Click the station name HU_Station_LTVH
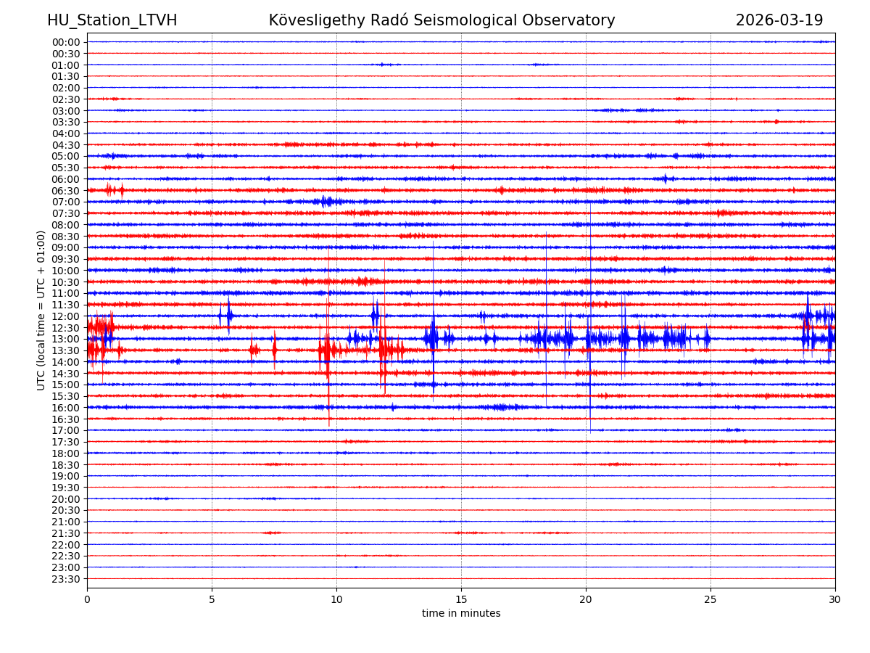pos(112,20)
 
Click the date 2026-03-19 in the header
pos(779,20)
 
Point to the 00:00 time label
pos(66,42)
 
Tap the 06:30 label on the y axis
pos(66,191)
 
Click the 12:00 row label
pos(66,316)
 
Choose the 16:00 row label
pos(66,408)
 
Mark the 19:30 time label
pos(66,488)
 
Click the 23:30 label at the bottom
pos(66,579)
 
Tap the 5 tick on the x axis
pos(212,599)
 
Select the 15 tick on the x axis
pos(461,599)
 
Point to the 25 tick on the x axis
pos(710,599)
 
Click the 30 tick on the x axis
pos(835,599)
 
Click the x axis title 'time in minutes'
pos(461,614)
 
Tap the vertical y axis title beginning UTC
pos(41,311)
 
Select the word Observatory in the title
pos(575,20)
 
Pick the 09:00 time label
pos(66,247)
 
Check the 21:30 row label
pos(66,533)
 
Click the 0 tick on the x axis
pos(87,599)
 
